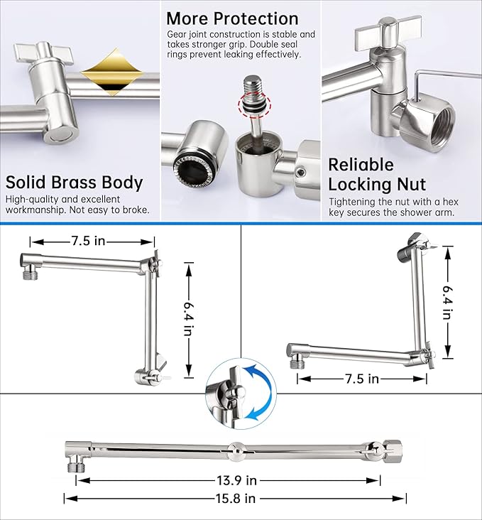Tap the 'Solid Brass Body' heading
pos(75,182)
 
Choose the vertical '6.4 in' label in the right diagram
pos(447,301)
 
